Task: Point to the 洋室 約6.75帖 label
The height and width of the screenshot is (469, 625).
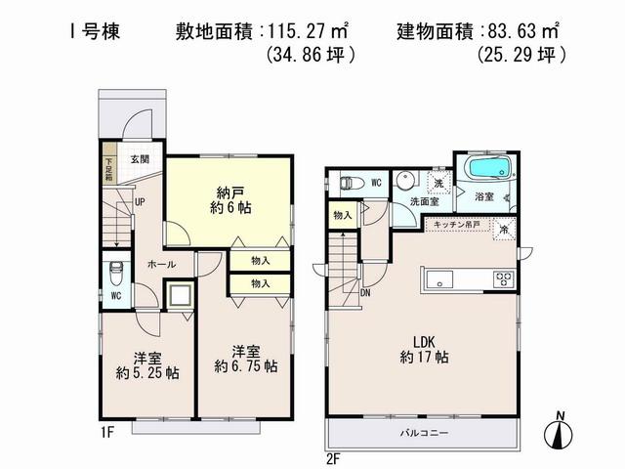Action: (245, 358)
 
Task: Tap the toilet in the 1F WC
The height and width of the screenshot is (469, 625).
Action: (115, 269)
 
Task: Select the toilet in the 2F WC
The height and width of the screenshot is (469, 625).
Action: (349, 182)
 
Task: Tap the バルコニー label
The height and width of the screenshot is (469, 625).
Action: (425, 431)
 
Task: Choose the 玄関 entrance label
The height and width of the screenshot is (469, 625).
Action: (139, 159)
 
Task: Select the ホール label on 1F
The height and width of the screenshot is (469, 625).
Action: (161, 264)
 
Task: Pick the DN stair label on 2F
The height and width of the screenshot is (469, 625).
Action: (365, 292)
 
